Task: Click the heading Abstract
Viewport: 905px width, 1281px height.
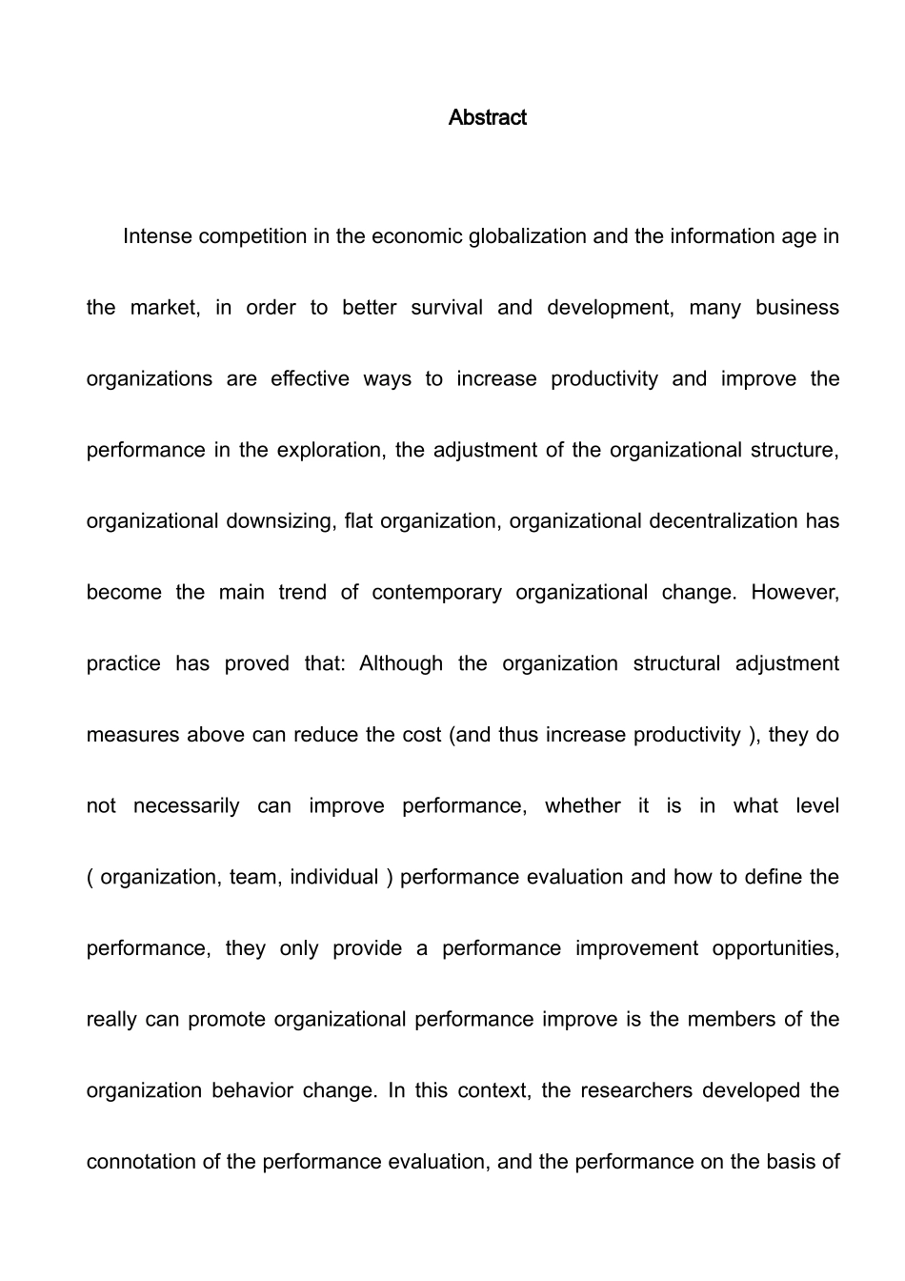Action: tap(487, 117)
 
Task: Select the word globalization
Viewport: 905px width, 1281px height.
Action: tap(528, 236)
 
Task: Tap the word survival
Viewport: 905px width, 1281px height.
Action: tap(447, 308)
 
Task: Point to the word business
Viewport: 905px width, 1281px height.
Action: tap(797, 308)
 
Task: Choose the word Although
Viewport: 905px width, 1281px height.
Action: tap(401, 663)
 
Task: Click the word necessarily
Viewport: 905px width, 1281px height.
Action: tap(187, 806)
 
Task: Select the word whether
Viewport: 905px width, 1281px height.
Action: tap(583, 806)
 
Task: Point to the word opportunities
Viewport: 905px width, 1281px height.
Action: tap(775, 948)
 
